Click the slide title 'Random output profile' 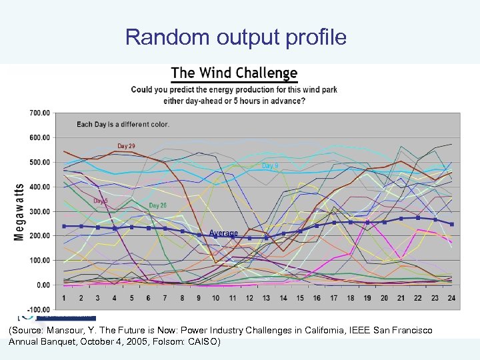click(x=235, y=37)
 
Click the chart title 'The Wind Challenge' click(x=234, y=73)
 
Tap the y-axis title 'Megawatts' click(x=19, y=213)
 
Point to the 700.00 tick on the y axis click(x=39, y=113)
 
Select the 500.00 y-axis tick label click(x=39, y=162)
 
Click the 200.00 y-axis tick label click(x=39, y=236)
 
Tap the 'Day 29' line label click(x=126, y=146)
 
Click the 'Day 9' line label click(x=270, y=165)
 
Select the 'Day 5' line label click(x=100, y=201)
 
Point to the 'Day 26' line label click(x=158, y=205)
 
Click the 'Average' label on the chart click(x=223, y=233)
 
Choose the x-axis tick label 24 click(x=451, y=297)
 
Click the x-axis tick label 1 click(x=63, y=297)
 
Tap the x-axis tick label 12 click(x=249, y=297)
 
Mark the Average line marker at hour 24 click(x=451, y=224)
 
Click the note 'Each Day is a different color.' click(x=123, y=124)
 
